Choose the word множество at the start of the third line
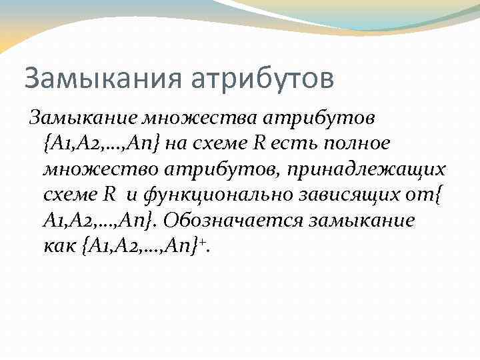tap(93, 169)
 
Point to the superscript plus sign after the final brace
tap(202, 241)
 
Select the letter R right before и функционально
tap(110, 195)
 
